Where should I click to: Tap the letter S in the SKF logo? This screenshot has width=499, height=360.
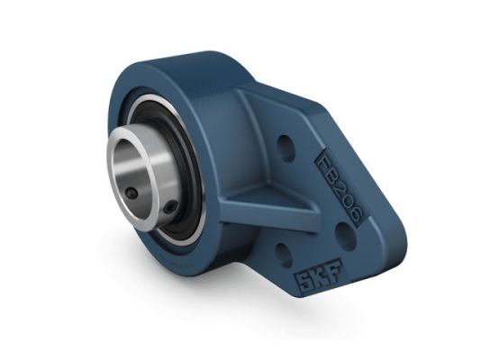click(296, 270)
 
